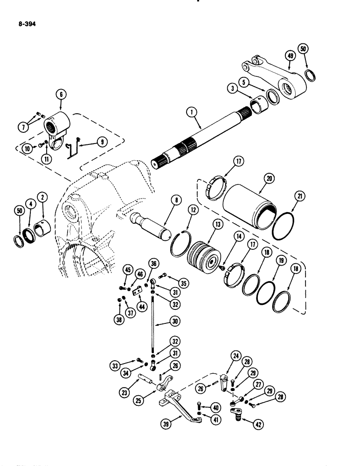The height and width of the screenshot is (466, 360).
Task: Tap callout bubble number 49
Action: pos(290,56)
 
